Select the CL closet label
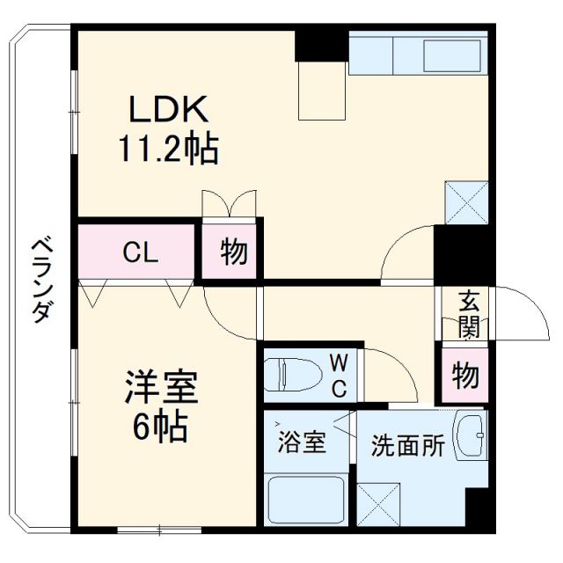click(x=139, y=253)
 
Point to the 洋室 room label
click(x=160, y=388)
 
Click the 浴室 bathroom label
click(x=303, y=442)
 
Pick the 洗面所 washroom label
click(x=406, y=445)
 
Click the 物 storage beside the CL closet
click(x=233, y=253)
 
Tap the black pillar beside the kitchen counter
click(x=321, y=44)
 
